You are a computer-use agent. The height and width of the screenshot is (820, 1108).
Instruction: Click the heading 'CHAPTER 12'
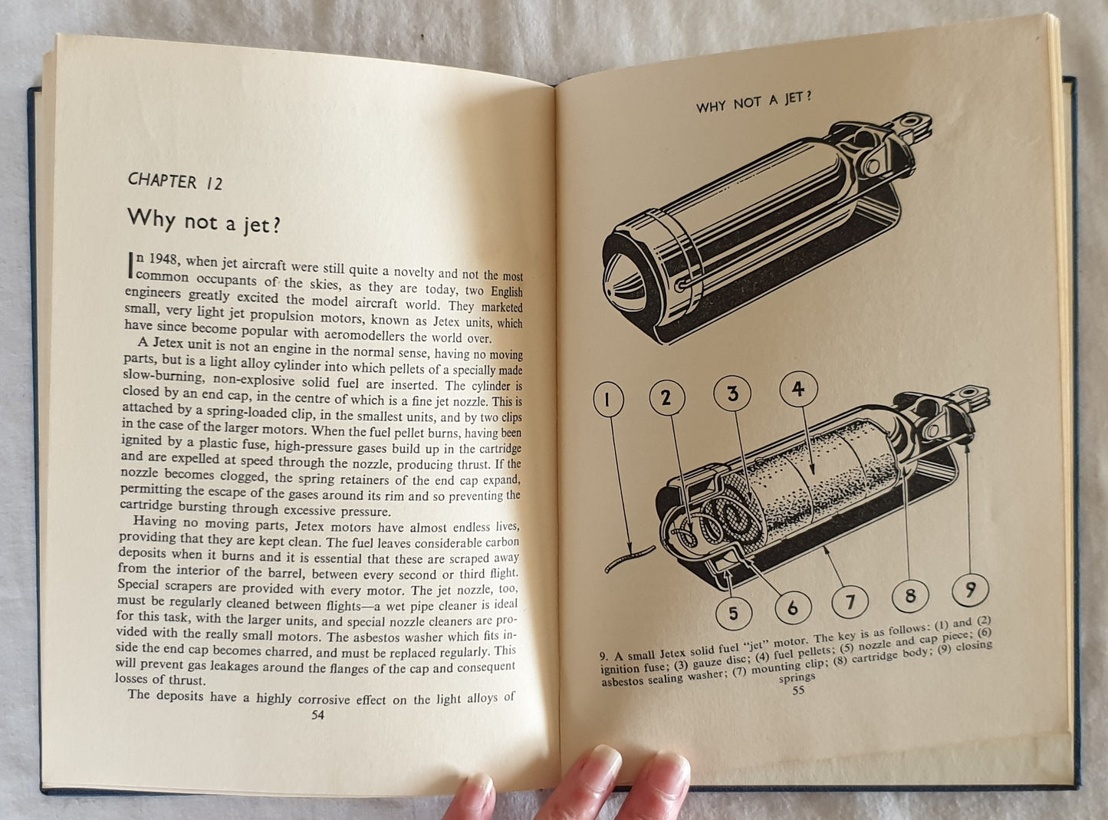[175, 182]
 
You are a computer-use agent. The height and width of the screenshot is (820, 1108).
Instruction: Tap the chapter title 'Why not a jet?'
[204, 221]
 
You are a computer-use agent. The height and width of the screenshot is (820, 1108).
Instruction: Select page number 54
[317, 715]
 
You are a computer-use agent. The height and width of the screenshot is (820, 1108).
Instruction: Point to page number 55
[798, 690]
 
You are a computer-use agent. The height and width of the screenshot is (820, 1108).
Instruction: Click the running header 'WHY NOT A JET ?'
[753, 102]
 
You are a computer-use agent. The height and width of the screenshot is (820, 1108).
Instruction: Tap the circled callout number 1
[608, 400]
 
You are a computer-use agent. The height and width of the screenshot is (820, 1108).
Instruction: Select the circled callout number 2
[667, 397]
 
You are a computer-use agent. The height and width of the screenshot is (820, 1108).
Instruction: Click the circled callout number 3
[732, 394]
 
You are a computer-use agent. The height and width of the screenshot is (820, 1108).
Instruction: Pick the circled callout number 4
[798, 389]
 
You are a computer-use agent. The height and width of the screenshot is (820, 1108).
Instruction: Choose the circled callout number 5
[733, 613]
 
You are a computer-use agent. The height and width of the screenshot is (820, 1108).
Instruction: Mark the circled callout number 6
[793, 607]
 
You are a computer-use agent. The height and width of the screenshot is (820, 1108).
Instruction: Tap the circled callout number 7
[850, 601]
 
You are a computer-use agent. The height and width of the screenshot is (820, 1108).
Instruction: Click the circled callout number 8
[910, 596]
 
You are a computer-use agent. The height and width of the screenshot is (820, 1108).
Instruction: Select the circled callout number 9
[971, 590]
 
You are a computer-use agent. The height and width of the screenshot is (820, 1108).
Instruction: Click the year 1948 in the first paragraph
[162, 259]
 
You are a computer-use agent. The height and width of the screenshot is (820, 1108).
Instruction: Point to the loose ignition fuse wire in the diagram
[630, 559]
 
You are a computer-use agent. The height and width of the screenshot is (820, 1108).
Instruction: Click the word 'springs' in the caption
[797, 677]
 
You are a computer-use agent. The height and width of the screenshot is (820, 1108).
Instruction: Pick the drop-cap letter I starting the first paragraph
[131, 265]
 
